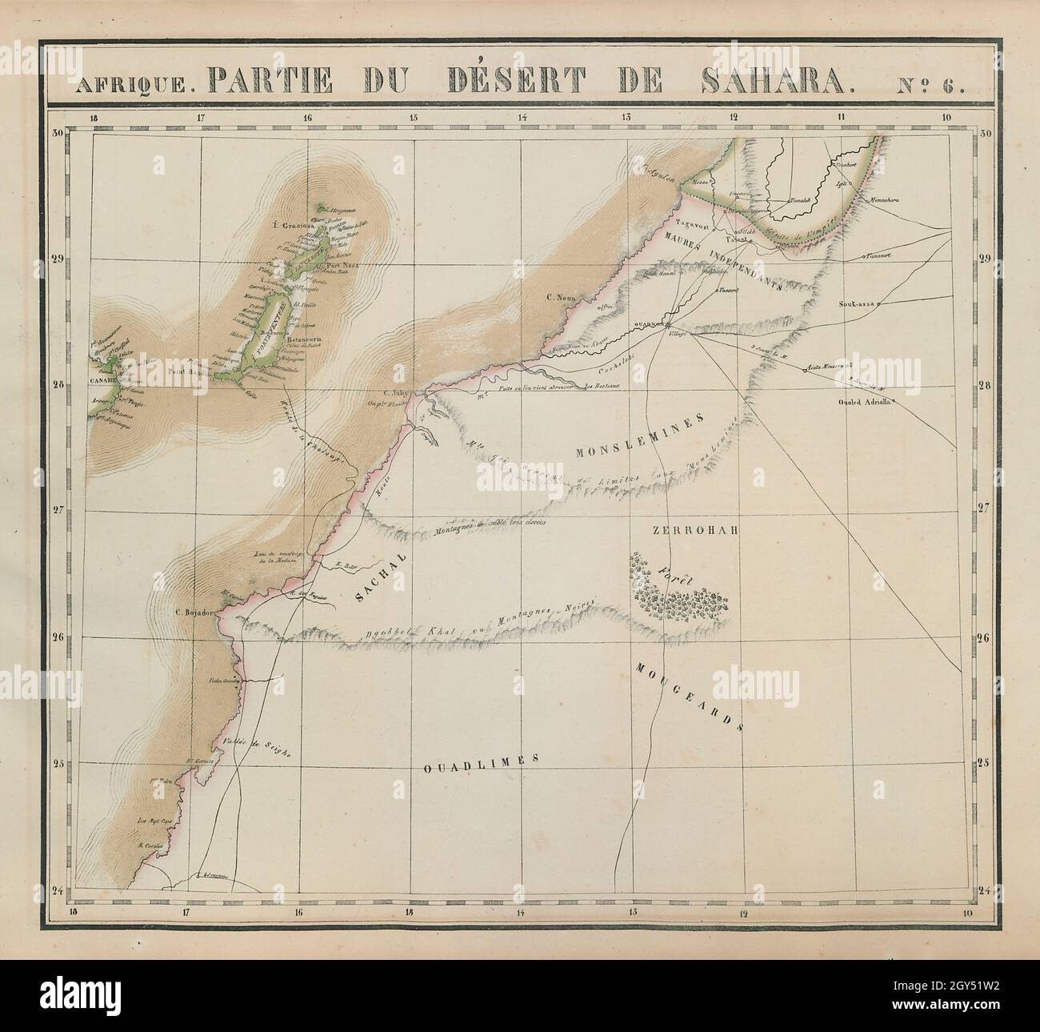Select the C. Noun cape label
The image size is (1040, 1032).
(x=562, y=299)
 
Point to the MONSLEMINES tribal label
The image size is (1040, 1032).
(x=638, y=439)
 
